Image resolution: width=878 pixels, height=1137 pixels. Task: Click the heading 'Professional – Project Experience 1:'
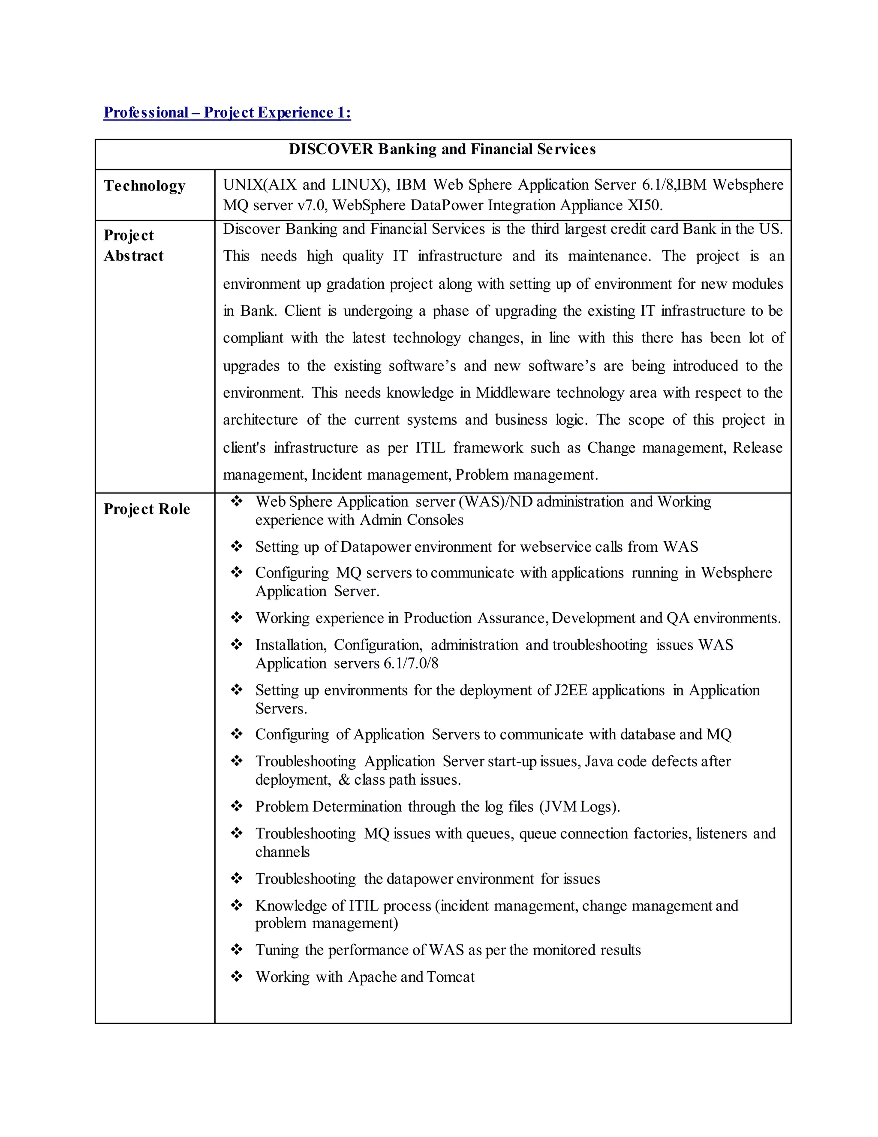coord(227,112)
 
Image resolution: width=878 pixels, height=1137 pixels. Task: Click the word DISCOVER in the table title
coord(331,149)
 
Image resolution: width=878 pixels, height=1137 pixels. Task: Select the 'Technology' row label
coord(144,186)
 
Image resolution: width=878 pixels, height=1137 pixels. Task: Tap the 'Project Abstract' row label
coord(134,245)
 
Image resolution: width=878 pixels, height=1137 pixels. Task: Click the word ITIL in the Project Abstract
coord(430,448)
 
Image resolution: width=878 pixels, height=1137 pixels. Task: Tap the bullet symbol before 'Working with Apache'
coord(237,976)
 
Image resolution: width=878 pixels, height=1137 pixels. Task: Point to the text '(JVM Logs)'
coord(580,807)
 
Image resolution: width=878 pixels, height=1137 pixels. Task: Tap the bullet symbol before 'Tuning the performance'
coord(237,949)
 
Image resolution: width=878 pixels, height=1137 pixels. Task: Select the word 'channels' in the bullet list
coord(283,852)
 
